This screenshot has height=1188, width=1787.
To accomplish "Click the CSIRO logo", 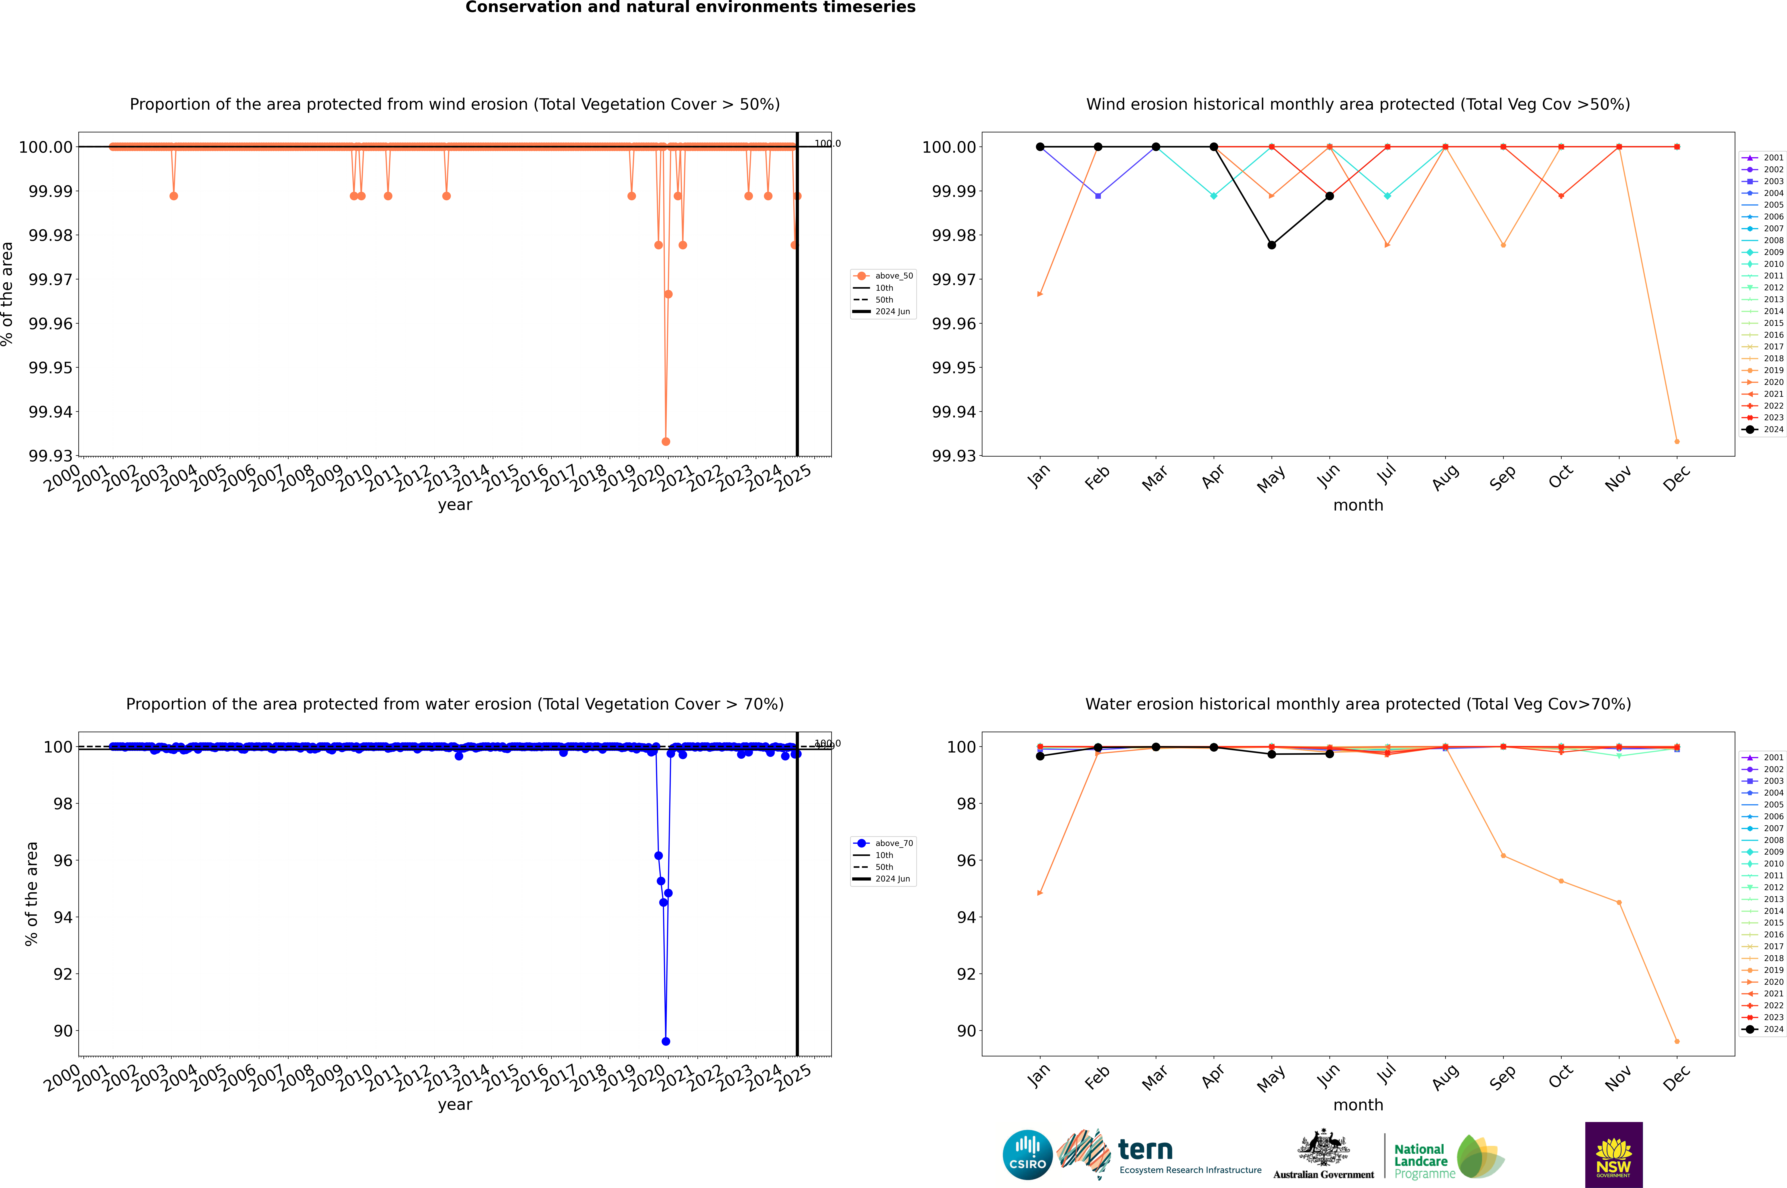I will click(1027, 1155).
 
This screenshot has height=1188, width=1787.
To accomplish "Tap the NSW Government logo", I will click(1613, 1155).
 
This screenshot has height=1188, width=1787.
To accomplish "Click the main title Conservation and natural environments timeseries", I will click(690, 8).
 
